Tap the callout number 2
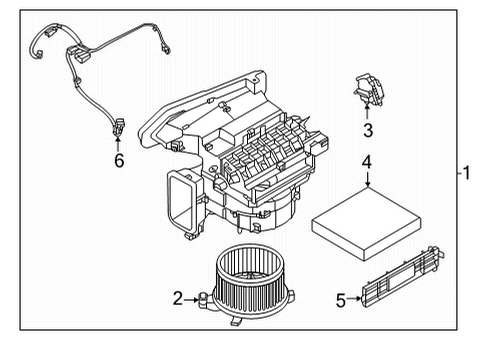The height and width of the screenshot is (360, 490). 178,296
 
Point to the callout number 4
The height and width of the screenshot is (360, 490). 367,163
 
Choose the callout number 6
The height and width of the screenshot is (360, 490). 118,160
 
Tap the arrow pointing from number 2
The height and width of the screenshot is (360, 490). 194,296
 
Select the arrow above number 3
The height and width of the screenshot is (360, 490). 367,112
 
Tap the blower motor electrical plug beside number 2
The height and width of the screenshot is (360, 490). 206,297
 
